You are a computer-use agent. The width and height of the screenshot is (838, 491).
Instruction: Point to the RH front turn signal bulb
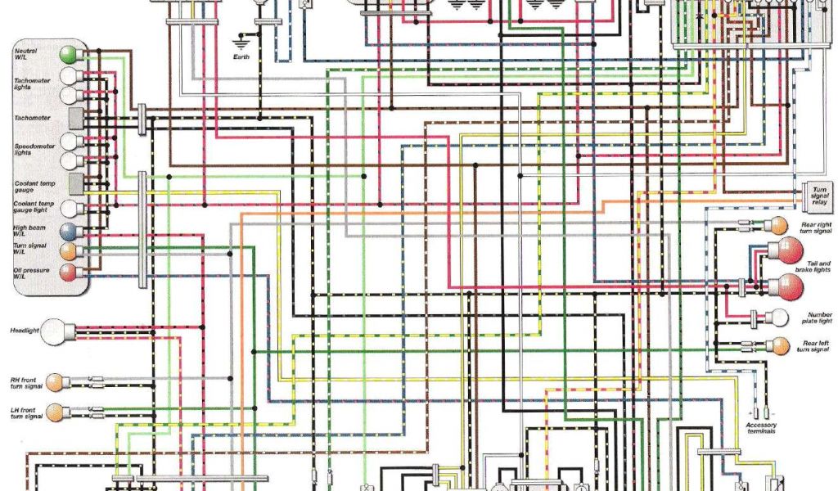coord(56,381)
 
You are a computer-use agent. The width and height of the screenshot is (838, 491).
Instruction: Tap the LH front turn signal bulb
coord(56,411)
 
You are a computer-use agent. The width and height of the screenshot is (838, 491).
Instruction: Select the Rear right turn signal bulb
coord(778,224)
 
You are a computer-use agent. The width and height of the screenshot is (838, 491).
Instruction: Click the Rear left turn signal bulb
coord(778,345)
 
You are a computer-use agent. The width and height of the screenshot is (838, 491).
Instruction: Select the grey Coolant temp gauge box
coord(77,182)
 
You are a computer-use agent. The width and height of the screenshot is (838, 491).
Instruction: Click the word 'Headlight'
coord(25,331)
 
